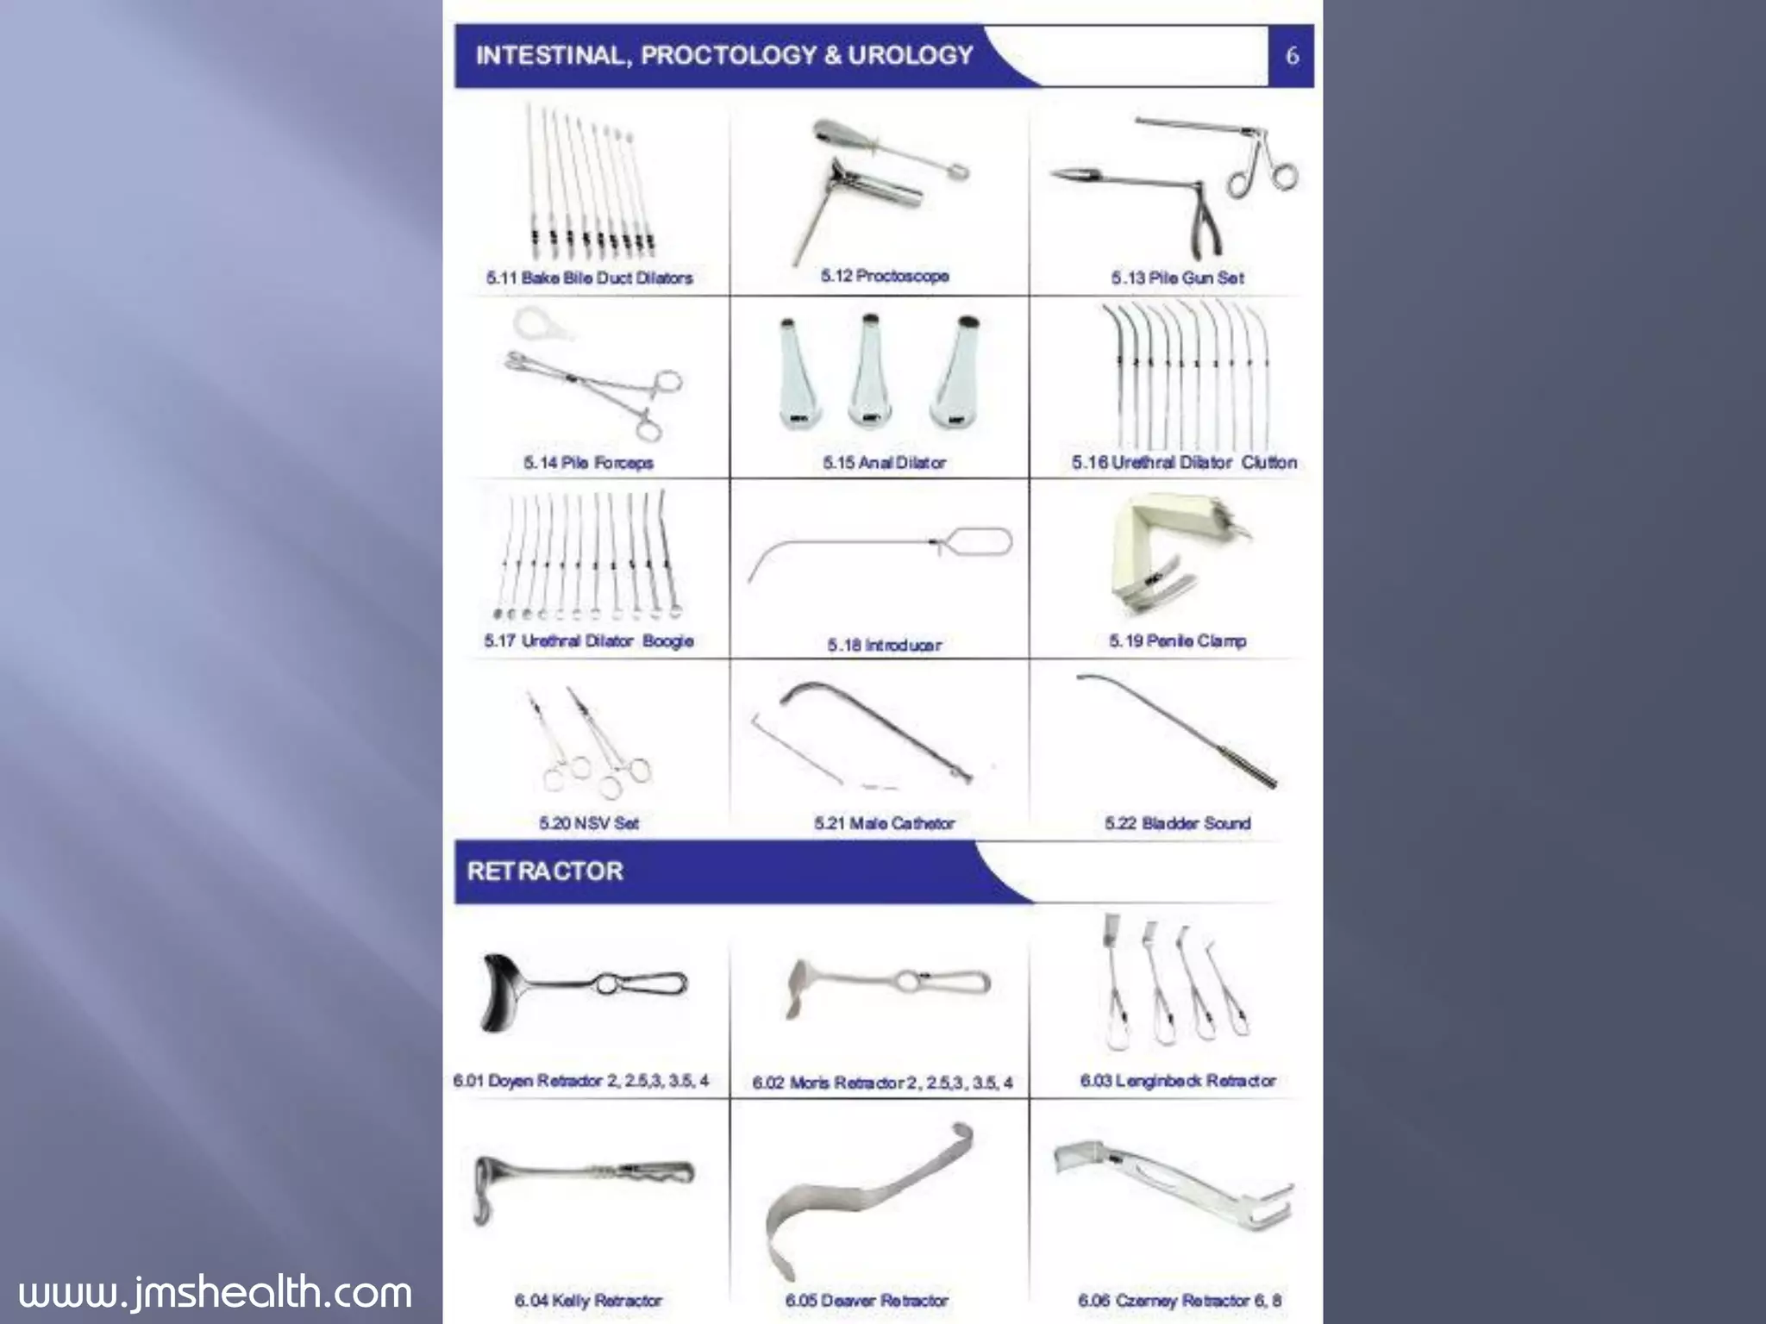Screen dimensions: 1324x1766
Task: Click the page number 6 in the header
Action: pyautogui.click(x=1291, y=56)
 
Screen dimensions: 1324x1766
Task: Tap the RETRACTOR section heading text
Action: pyautogui.click(x=545, y=871)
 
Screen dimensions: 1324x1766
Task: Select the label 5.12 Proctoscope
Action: pyautogui.click(x=885, y=276)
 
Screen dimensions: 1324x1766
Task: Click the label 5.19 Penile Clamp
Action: pyautogui.click(x=1177, y=640)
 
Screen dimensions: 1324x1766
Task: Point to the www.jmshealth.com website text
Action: pyautogui.click(x=215, y=1292)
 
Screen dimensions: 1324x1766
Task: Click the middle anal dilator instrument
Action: pyautogui.click(x=867, y=372)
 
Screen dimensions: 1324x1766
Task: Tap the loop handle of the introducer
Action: pyautogui.click(x=979, y=542)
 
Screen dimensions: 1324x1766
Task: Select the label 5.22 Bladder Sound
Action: pyautogui.click(x=1177, y=823)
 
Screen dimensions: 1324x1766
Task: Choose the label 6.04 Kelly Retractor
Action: pyautogui.click(x=588, y=1300)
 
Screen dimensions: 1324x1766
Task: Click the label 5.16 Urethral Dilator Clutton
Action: pyautogui.click(x=1183, y=462)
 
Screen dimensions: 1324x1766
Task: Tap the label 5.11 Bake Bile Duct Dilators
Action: pyautogui.click(x=589, y=278)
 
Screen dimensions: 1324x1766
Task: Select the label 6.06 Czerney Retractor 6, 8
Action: pyautogui.click(x=1179, y=1300)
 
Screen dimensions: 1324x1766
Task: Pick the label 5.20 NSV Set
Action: pyautogui.click(x=589, y=823)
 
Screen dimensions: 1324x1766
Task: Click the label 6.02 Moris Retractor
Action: pyautogui.click(x=881, y=1083)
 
